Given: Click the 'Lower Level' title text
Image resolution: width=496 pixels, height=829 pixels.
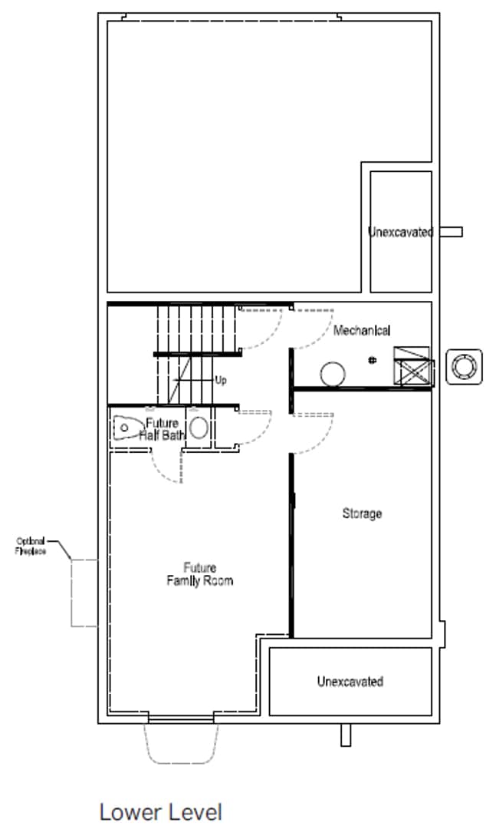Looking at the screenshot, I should (x=160, y=811).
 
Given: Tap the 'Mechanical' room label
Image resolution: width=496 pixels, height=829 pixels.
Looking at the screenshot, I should (x=362, y=331).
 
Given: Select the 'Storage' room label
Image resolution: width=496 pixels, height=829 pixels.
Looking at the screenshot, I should (x=362, y=514).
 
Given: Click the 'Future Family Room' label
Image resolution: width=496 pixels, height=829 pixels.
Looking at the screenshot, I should (x=199, y=574).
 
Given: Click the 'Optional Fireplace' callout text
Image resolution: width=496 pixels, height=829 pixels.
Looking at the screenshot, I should (x=31, y=546).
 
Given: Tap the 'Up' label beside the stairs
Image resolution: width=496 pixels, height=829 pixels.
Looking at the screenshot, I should (x=221, y=380).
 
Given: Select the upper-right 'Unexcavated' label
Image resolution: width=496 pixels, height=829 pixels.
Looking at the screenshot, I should (x=401, y=232).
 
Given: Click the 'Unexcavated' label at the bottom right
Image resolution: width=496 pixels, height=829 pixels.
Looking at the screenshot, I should (x=350, y=681).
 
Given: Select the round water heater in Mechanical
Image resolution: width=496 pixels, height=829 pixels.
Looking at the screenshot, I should (x=332, y=374).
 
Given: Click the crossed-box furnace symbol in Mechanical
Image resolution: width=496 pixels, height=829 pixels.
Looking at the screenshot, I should (x=413, y=365).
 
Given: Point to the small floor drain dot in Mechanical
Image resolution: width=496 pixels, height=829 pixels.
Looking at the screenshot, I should (x=373, y=359).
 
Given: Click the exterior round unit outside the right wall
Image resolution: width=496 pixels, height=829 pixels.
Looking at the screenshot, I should (x=463, y=365).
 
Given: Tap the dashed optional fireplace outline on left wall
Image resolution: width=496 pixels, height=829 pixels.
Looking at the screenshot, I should (x=84, y=593).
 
